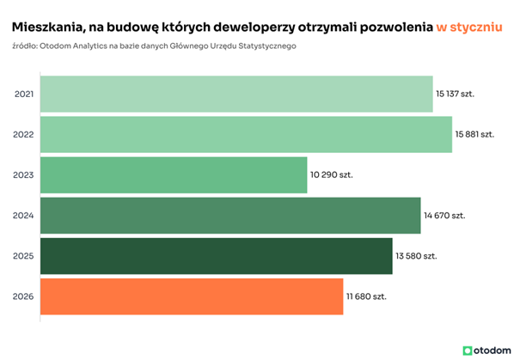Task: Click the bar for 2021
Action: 236,94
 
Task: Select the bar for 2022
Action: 246,134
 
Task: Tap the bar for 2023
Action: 174,174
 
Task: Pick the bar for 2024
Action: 230,215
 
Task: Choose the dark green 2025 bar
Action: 216,256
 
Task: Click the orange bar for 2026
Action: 192,296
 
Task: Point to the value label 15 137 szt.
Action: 456,94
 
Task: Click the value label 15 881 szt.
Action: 475,134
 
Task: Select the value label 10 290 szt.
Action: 332,174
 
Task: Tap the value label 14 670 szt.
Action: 444,215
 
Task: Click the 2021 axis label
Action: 25,94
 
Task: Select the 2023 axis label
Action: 25,174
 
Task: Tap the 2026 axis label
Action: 25,296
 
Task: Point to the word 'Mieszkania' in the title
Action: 49,27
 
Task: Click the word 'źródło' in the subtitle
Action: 26,46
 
